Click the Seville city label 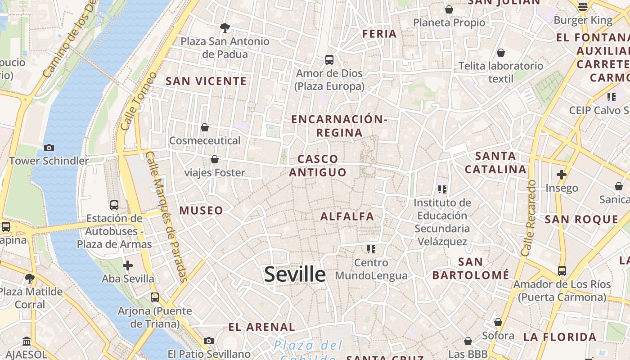pos(295,274)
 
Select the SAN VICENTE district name pos(206,81)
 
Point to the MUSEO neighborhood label pos(201,211)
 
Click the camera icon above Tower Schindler pos(49,148)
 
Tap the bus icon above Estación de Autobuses pos(114,205)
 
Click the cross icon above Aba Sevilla pos(128,265)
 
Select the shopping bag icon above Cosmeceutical pos(205,127)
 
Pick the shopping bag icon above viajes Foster pos(215,159)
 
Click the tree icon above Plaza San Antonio pos(225,28)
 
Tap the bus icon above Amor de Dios pos(329,60)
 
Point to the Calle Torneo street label pos(138,101)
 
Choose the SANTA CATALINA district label pos(495,163)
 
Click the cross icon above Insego pos(562,175)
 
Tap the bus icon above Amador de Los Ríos pos(562,271)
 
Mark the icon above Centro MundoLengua pos(371,249)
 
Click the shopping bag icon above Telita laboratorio pos(501,53)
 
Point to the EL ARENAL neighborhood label pos(261,327)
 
